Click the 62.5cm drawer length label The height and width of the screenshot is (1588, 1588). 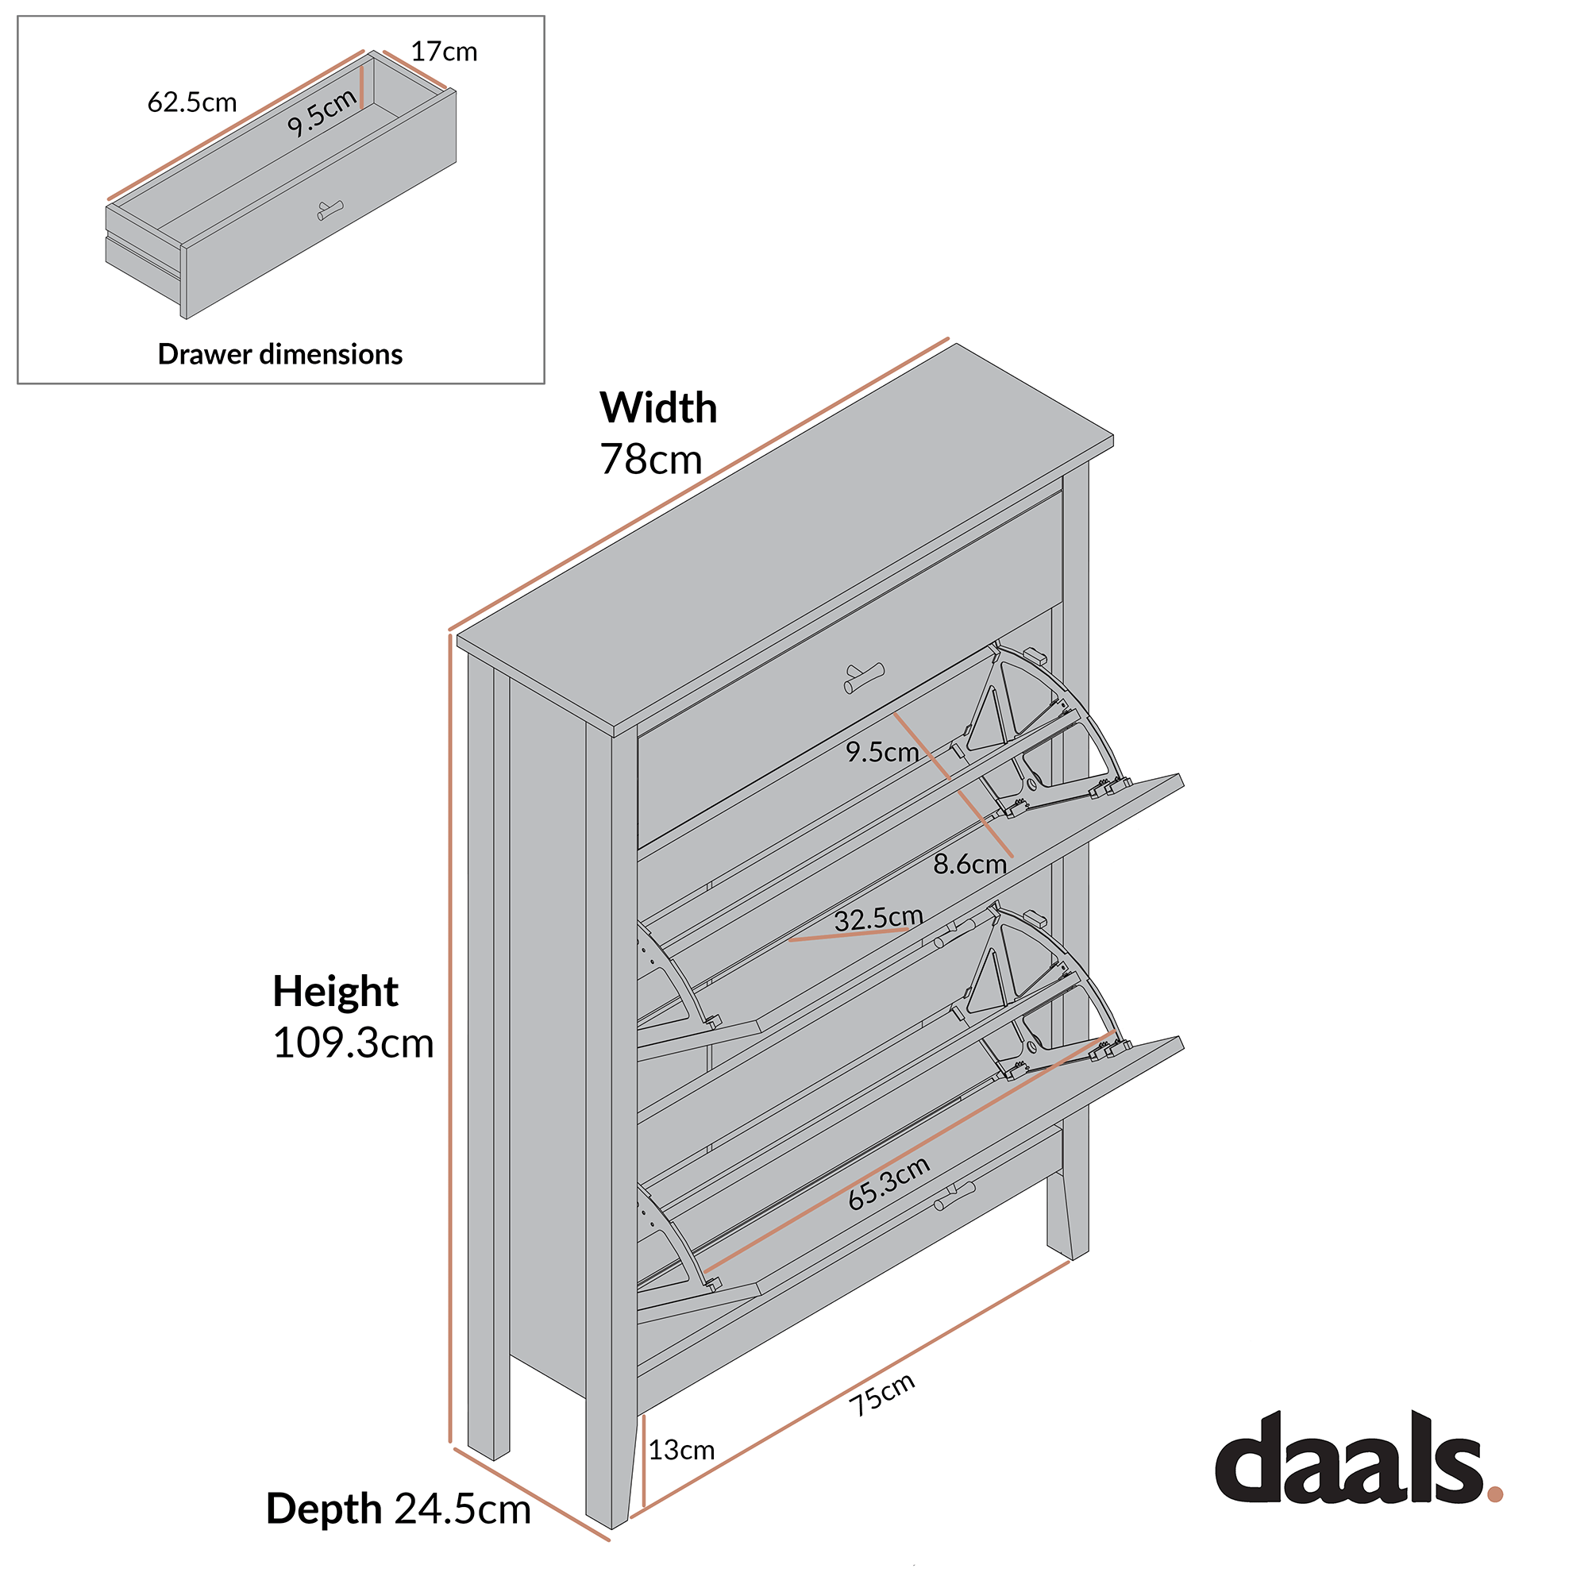point(191,102)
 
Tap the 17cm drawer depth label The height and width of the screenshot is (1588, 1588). point(444,52)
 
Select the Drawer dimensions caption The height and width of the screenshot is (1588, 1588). point(279,354)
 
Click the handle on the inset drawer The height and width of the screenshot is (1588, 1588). point(330,210)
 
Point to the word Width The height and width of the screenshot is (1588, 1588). point(657,407)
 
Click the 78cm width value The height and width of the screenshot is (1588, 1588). point(651,460)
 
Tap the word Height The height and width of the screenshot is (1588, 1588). point(335,991)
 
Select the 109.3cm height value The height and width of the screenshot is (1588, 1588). point(353,1043)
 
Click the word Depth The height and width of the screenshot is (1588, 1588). point(323,1509)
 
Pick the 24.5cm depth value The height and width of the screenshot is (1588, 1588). point(463,1509)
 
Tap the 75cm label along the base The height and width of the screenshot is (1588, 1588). point(882,1395)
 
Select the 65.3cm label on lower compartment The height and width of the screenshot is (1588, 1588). point(888,1184)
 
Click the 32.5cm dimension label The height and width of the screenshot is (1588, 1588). point(879,919)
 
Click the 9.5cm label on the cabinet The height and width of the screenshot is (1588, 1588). point(882,752)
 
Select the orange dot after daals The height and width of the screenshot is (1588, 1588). point(1494,1494)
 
